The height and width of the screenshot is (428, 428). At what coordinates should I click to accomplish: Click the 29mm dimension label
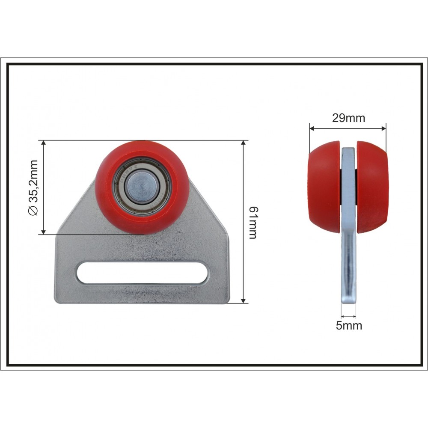pyautogui.click(x=348, y=118)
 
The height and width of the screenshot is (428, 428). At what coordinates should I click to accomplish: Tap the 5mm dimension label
pyautogui.click(x=349, y=325)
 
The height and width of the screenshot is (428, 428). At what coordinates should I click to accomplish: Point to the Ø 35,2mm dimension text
pyautogui.click(x=33, y=187)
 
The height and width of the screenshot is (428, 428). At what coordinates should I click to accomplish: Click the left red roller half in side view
pyautogui.click(x=324, y=187)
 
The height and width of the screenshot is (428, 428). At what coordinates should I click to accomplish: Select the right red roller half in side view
pyautogui.click(x=372, y=187)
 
